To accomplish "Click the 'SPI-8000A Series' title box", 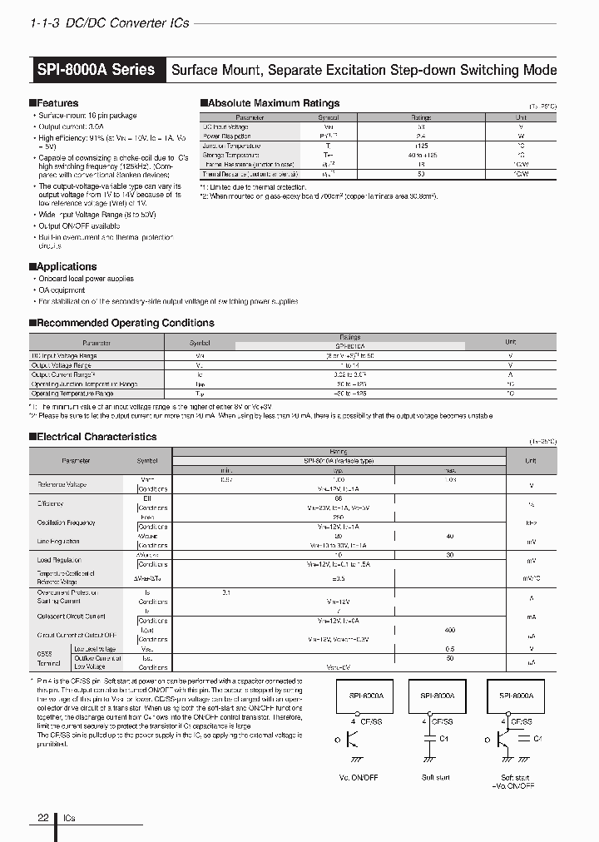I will [97, 70].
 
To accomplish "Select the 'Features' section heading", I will [57, 103].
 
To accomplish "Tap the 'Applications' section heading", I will [66, 266].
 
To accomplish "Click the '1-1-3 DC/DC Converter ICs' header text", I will [109, 23].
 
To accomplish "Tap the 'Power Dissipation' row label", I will [227, 136].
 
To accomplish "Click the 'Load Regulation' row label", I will [57, 560].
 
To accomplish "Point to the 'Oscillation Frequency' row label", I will [66, 523].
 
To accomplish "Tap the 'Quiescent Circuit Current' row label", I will [71, 617].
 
